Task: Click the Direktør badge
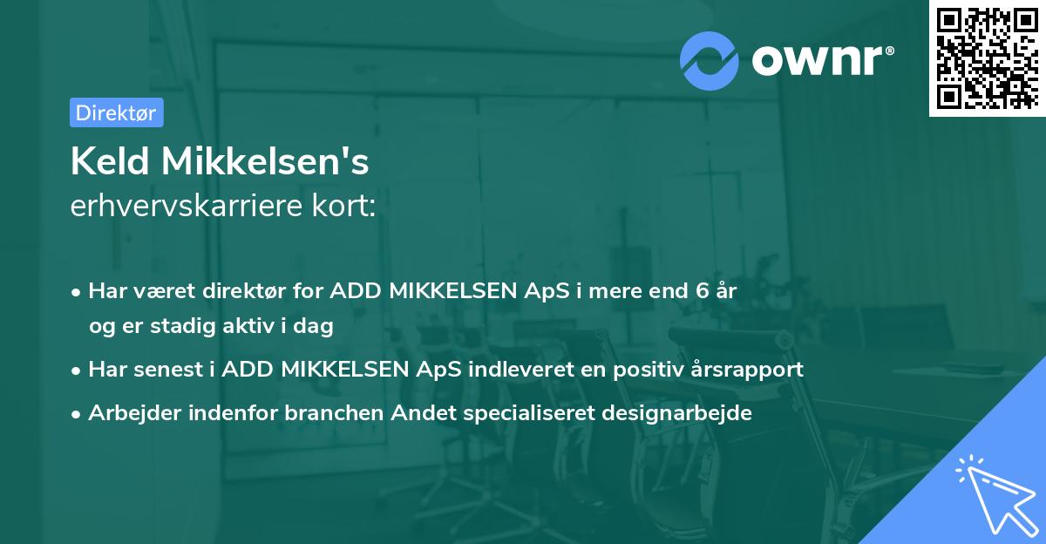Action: coord(116,112)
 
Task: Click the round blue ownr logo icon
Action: coord(710,60)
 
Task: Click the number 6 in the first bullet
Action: coord(703,291)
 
